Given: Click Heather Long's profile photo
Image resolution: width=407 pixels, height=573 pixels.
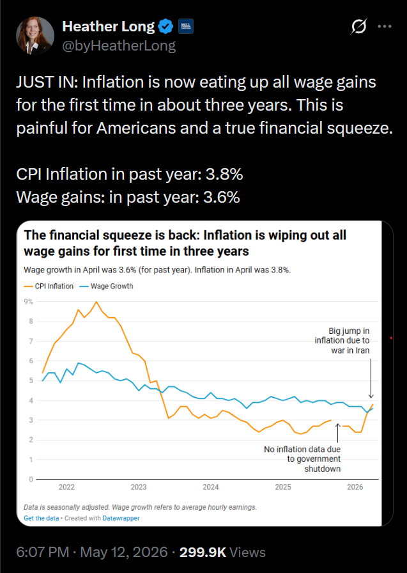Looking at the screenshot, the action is [x=35, y=35].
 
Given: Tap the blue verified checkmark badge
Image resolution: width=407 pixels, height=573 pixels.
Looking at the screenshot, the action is [x=166, y=26].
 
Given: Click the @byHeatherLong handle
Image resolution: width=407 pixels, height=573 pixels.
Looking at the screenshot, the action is [x=119, y=45].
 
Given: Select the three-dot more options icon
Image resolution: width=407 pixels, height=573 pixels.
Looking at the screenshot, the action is [x=385, y=26].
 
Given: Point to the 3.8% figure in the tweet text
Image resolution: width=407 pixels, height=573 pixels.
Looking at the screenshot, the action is [x=224, y=174].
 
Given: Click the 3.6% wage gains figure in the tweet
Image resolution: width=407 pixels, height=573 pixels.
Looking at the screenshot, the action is [x=221, y=197].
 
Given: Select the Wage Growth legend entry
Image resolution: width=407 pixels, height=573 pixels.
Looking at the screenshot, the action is [x=106, y=286].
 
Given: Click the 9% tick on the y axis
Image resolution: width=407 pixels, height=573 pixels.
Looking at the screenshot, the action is [x=29, y=301].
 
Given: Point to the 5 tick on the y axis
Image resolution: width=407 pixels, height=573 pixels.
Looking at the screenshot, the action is [x=31, y=381].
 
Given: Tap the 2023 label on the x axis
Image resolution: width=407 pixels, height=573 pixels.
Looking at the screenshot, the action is [x=139, y=487].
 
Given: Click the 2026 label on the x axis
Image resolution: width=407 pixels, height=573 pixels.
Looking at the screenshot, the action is [x=355, y=487].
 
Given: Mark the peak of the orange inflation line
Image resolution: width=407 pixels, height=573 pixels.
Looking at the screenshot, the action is [x=96, y=302].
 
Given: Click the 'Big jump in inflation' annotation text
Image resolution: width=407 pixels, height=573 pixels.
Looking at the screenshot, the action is [x=342, y=341].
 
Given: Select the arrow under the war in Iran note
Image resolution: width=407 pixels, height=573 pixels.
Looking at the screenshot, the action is [x=371, y=378].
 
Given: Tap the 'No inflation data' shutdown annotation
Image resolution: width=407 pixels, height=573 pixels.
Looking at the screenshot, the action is [x=302, y=459].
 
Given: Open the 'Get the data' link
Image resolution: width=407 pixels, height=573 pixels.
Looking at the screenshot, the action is [x=42, y=518].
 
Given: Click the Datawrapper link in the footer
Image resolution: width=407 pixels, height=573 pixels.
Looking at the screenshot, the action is [x=121, y=518].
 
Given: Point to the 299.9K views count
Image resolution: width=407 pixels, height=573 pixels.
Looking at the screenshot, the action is [x=203, y=552].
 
